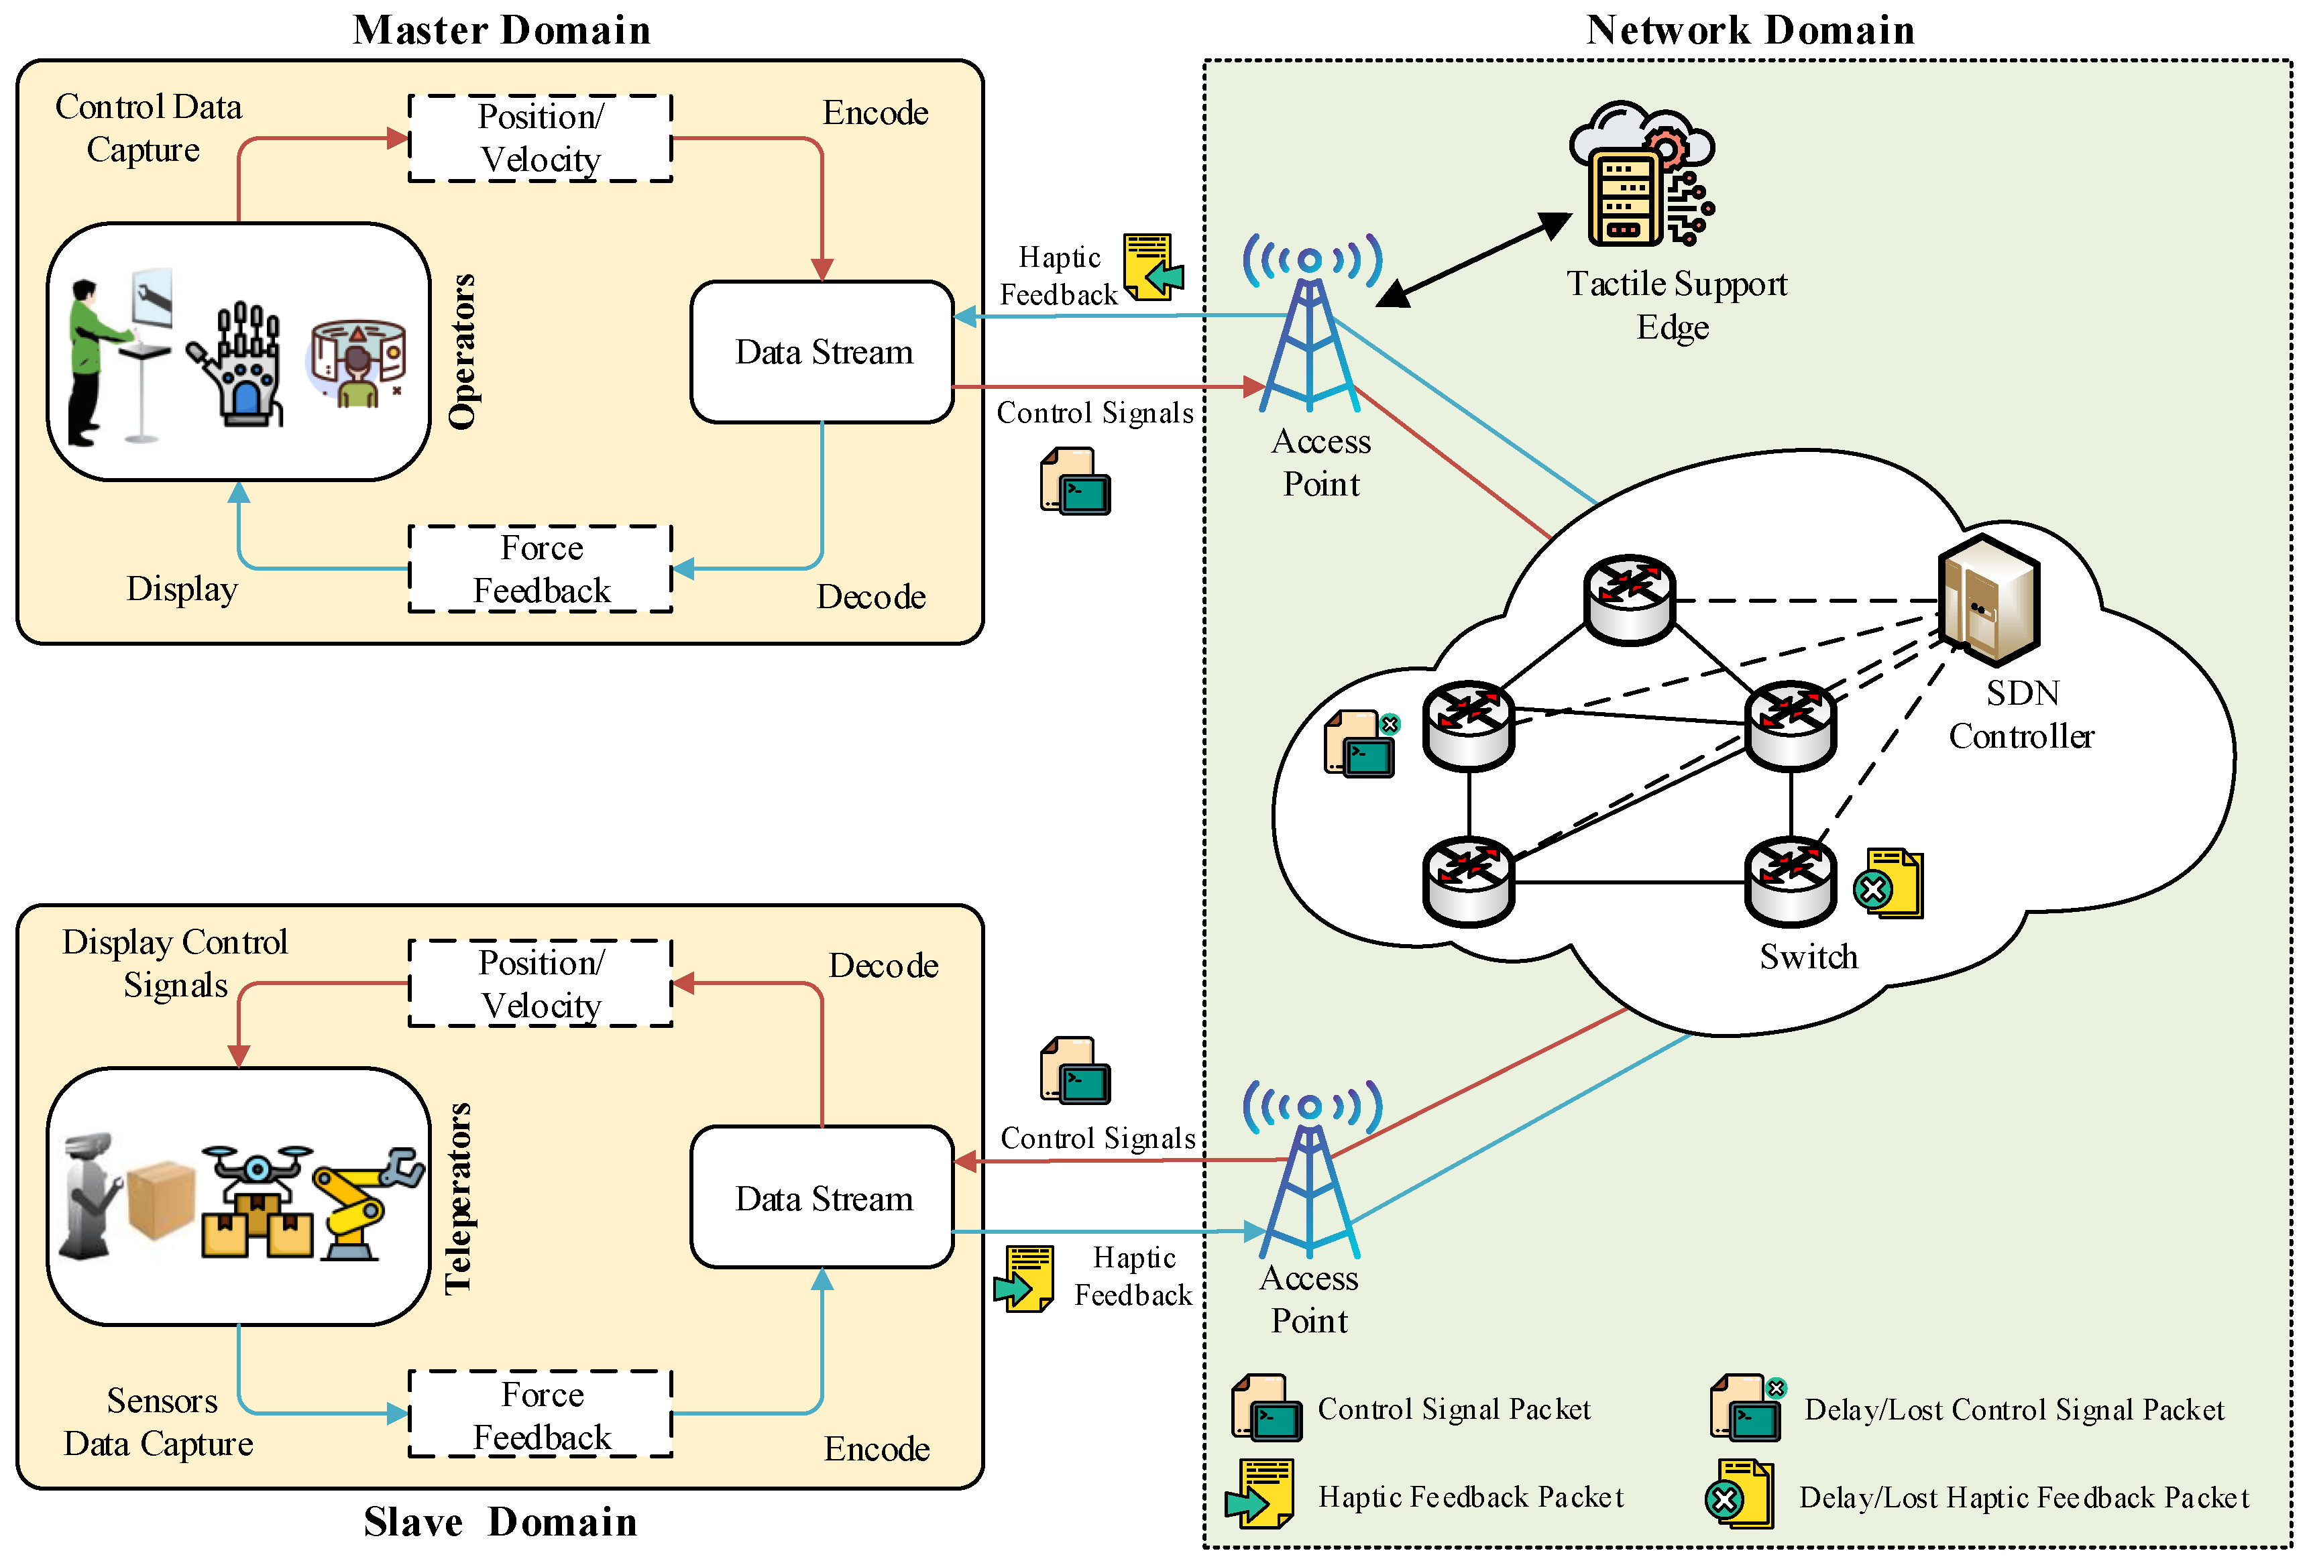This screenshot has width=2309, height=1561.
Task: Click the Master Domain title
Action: (502, 30)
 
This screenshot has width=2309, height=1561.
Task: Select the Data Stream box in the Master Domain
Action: (823, 352)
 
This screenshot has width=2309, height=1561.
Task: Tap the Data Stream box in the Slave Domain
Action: (823, 1198)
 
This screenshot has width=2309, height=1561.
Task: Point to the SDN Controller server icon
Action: (1989, 599)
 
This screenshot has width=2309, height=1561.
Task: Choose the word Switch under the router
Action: (1808, 957)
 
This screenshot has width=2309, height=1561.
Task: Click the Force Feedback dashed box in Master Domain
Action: (541, 569)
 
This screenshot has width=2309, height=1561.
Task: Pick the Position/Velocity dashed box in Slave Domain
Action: (541, 984)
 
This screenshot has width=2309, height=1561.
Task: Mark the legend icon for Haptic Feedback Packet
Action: (1261, 1493)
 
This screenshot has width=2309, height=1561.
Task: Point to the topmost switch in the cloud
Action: (1630, 599)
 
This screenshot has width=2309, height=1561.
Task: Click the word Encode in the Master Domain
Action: (875, 113)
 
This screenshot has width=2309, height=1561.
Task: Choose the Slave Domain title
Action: (500, 1522)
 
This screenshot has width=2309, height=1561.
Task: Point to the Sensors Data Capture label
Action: (159, 1422)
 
